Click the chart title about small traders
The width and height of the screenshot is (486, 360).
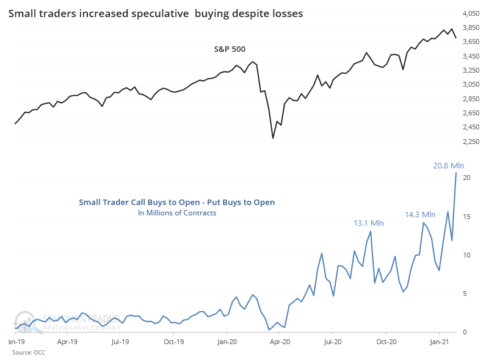156,13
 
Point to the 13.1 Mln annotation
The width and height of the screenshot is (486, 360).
368,223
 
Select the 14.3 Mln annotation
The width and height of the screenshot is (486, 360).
420,214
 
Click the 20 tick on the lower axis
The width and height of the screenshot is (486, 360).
466,178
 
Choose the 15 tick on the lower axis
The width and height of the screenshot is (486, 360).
466,217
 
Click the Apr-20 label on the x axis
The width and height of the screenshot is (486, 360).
280,342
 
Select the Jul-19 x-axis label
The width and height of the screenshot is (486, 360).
119,342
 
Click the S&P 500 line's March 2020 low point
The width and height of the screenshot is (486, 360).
273,139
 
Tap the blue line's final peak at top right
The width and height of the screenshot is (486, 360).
456,172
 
